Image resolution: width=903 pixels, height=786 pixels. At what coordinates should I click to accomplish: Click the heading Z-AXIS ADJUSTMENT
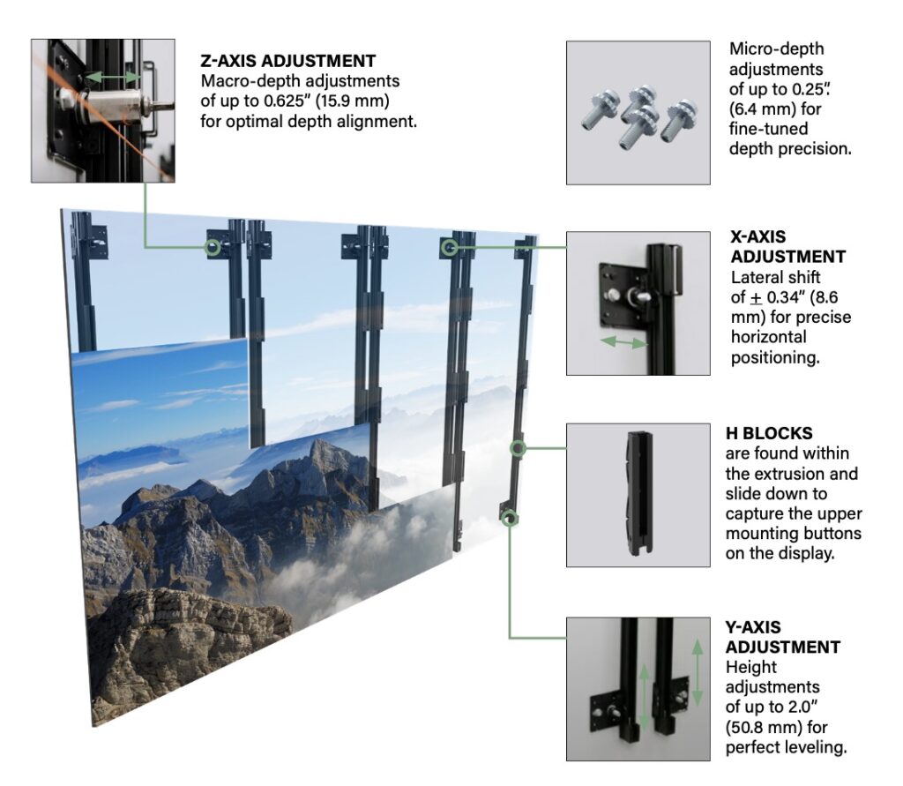pos(288,61)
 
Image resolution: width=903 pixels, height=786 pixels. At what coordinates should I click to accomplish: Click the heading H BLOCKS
pos(769,433)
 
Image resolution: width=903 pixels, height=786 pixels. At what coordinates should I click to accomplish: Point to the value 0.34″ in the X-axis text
pos(789,297)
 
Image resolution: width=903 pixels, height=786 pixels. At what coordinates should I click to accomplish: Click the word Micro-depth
pos(776,49)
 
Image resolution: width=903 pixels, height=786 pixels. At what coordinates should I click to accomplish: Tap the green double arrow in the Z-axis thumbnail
pos(112,77)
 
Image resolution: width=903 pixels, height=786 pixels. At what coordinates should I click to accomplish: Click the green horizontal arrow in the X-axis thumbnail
pos(623,342)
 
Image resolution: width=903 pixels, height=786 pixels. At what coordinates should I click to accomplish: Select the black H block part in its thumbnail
pos(638,493)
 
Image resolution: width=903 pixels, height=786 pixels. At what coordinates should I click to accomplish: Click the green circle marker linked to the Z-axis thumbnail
pos(213,247)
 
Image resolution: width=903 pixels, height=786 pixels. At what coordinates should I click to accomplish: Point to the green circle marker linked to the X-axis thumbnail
pos(450,247)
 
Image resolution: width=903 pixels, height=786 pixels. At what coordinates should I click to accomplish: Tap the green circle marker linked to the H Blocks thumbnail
pos(519,448)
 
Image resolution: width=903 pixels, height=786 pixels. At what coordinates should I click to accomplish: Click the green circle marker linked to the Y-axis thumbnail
pos(509,519)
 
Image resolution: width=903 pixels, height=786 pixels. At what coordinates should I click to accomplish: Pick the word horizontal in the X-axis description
pos(768,337)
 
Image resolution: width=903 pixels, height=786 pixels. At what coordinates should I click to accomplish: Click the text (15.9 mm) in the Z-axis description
pos(356,101)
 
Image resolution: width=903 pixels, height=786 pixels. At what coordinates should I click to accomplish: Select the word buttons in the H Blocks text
pos(830,534)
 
